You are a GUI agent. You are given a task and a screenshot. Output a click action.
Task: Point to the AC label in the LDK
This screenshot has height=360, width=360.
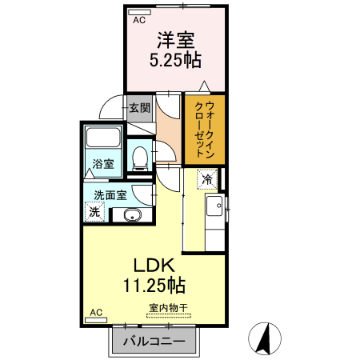[x=95, y=312]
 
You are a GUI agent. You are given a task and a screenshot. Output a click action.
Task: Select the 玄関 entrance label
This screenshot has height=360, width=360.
[x=139, y=107]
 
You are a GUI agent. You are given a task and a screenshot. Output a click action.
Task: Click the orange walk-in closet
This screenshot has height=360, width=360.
[x=204, y=128]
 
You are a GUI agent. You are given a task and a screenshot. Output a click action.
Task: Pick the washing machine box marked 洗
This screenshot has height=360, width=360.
[x=94, y=213]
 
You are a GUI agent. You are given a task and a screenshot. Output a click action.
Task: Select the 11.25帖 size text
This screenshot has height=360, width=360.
[x=154, y=285]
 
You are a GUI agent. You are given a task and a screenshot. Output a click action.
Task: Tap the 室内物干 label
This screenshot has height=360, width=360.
[x=168, y=307]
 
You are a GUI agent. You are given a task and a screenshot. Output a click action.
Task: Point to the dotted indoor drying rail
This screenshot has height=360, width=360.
[x=168, y=315]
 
